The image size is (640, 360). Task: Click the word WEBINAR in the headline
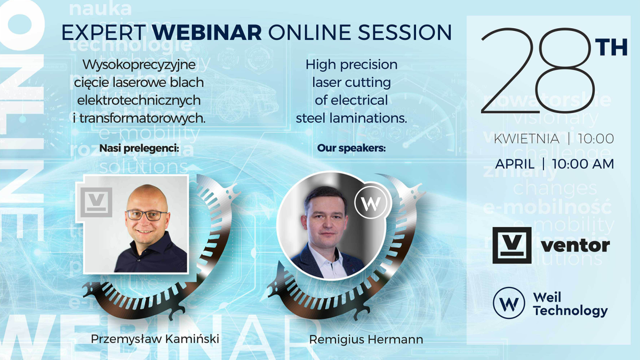click(206, 33)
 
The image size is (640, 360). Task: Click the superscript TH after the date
click(612, 47)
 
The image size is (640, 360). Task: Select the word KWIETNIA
click(526, 139)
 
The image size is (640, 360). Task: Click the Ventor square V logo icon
click(512, 245)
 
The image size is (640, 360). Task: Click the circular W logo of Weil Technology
click(508, 302)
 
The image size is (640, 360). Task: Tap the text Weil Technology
click(570, 303)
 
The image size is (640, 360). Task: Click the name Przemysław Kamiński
click(155, 339)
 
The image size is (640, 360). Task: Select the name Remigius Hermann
click(366, 339)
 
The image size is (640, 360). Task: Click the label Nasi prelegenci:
click(139, 148)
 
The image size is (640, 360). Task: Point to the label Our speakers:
click(351, 148)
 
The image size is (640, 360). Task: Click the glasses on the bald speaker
click(147, 215)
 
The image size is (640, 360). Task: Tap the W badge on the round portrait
click(372, 203)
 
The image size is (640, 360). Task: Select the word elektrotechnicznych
click(139, 100)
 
